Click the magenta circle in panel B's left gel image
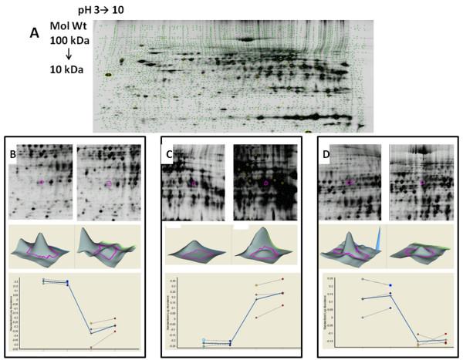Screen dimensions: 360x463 point(41,183)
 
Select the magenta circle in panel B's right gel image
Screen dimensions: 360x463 point(109,183)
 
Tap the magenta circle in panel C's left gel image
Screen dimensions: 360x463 point(194,183)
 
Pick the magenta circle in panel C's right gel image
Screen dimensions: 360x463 point(266,183)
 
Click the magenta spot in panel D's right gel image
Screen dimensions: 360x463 point(421,182)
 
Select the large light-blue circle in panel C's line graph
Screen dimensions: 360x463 point(204,340)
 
